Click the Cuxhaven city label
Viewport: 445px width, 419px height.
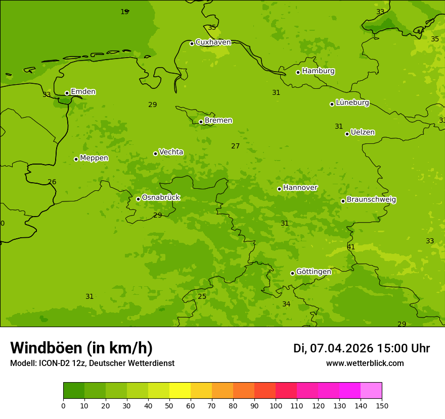point(213,42)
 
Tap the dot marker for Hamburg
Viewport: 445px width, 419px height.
point(298,72)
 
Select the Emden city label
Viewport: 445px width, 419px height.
point(83,92)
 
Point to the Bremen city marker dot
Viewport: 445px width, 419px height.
point(201,122)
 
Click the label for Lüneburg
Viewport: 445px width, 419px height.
point(352,102)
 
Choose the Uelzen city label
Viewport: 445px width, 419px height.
point(363,132)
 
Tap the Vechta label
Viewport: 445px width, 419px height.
point(171,152)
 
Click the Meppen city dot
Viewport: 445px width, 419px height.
point(76,159)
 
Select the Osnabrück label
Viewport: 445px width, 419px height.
point(161,197)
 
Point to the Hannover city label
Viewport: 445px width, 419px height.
point(300,188)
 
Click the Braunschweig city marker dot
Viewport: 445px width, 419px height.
point(343,201)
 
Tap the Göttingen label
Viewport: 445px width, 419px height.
point(314,272)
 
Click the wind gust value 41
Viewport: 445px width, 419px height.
point(351,247)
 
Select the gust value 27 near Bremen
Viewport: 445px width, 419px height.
point(236,146)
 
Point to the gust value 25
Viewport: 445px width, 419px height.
point(202,297)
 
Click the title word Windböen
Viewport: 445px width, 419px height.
point(47,348)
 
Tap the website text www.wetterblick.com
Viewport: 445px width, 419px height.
point(365,363)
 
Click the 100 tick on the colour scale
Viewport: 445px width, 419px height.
point(276,405)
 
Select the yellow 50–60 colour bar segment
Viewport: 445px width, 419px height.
point(180,391)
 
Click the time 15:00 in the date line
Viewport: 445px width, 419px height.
point(388,348)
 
